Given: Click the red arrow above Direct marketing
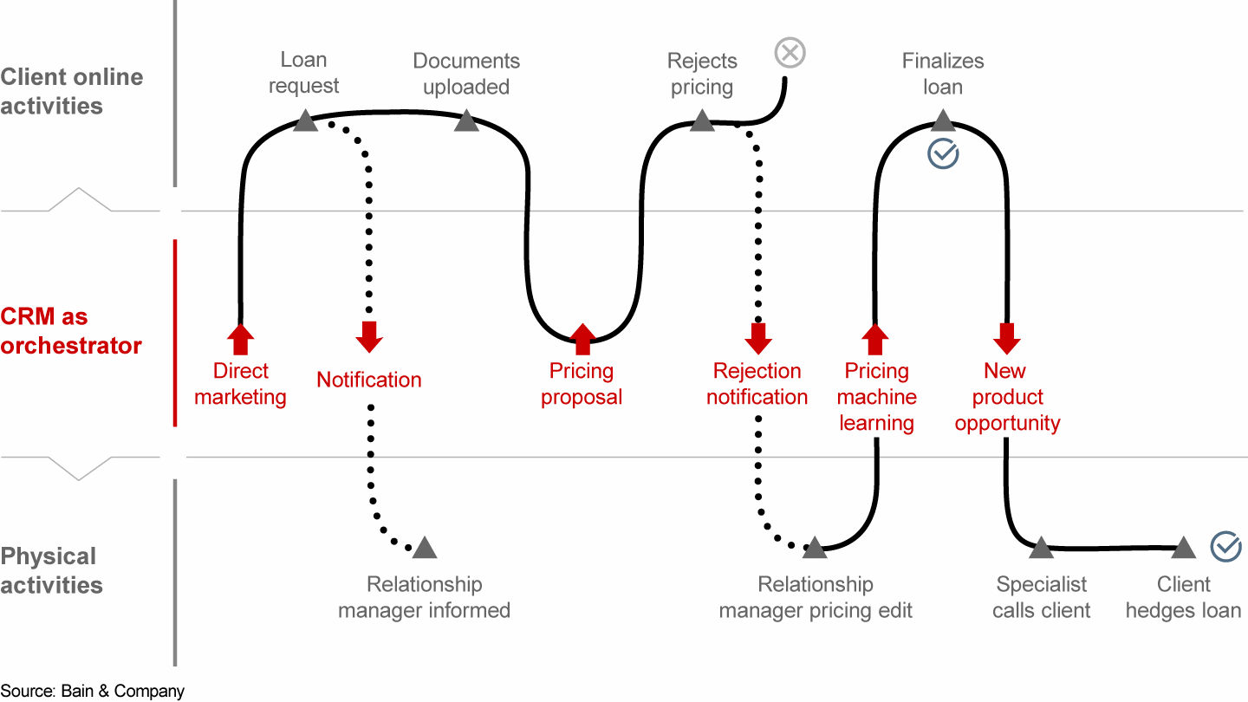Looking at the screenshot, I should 241,339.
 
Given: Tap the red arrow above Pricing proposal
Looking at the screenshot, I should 582,339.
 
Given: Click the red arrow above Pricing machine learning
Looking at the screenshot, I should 875,339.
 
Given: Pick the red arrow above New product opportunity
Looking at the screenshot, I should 1006,338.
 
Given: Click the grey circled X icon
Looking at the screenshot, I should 790,54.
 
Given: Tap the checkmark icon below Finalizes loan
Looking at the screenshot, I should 943,154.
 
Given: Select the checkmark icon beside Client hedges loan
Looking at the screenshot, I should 1225,547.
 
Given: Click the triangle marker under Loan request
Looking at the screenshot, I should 305,120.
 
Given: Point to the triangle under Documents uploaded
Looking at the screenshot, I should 466,120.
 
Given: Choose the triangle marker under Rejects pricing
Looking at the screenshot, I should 702,120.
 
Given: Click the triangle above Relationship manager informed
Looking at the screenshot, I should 425,548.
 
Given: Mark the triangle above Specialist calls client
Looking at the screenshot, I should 1041,548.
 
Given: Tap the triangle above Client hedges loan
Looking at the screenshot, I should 1183,548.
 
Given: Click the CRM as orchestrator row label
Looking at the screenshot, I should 70,331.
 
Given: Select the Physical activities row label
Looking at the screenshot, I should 51,570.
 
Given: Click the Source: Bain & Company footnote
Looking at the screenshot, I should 92,691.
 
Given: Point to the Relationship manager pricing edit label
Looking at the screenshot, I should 816,597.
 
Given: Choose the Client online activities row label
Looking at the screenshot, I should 71,91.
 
